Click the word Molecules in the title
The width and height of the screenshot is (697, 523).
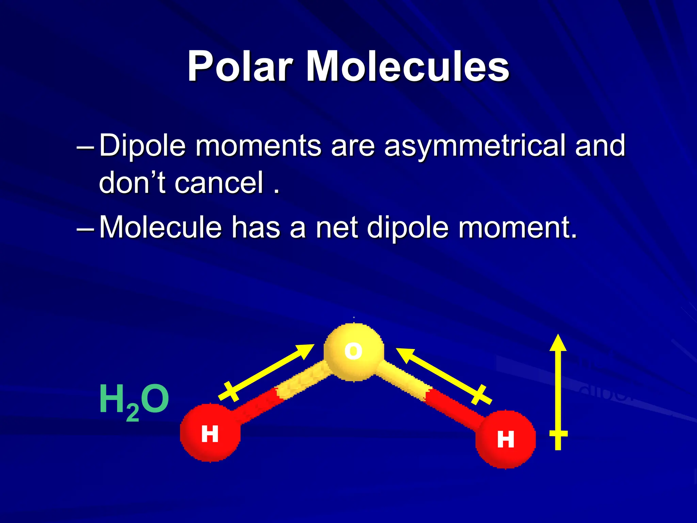(x=407, y=66)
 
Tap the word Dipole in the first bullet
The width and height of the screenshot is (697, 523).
(x=143, y=145)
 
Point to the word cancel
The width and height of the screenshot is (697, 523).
(x=219, y=183)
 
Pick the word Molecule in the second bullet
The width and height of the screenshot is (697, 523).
(x=160, y=227)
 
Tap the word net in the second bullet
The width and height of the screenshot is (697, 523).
(x=337, y=228)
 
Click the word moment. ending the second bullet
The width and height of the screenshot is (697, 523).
(x=518, y=228)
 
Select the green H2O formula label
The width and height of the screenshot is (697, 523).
(x=134, y=401)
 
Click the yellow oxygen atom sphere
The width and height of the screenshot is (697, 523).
(x=354, y=351)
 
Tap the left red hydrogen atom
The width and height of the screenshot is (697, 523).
(x=210, y=433)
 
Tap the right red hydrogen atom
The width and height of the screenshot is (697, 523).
(x=505, y=439)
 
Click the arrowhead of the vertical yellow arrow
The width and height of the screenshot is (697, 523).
(x=558, y=343)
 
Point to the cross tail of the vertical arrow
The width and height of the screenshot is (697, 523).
(x=558, y=434)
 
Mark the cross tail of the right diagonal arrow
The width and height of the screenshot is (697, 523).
(x=481, y=395)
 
